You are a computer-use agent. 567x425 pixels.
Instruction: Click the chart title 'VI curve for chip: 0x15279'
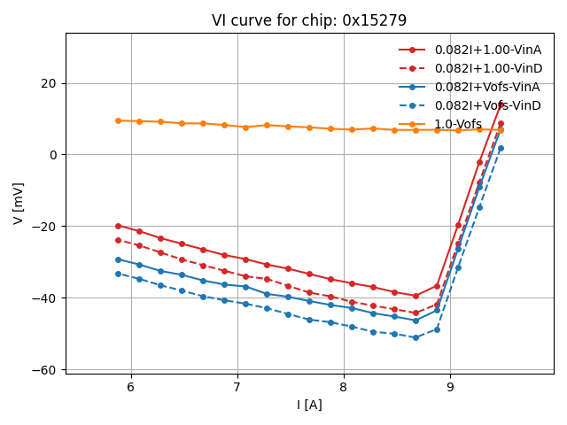pos(309,20)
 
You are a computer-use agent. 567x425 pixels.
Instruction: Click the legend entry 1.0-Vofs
pos(458,124)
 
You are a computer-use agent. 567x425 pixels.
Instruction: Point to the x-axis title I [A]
pos(309,405)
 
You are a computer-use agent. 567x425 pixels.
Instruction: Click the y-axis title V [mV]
pos(19,203)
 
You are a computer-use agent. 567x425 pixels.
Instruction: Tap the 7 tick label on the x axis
pos(237,388)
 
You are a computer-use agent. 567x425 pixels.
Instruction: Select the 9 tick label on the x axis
pos(450,388)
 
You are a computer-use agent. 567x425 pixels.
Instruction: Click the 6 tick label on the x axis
pos(131,388)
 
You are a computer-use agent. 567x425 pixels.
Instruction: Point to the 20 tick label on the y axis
pos(48,83)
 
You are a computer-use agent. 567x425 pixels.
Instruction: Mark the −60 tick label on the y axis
pos(43,369)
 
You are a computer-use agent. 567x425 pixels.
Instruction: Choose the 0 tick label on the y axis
pos(52,155)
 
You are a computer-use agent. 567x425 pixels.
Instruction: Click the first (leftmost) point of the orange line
pos(118,120)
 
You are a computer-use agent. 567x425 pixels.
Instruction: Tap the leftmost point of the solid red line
pos(118,226)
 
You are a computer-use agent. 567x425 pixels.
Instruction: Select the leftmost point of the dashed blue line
pos(118,274)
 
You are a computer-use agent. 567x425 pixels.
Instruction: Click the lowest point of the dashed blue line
pos(416,337)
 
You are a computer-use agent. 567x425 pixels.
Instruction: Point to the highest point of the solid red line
pos(501,104)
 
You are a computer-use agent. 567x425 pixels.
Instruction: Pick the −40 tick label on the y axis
pos(43,297)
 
